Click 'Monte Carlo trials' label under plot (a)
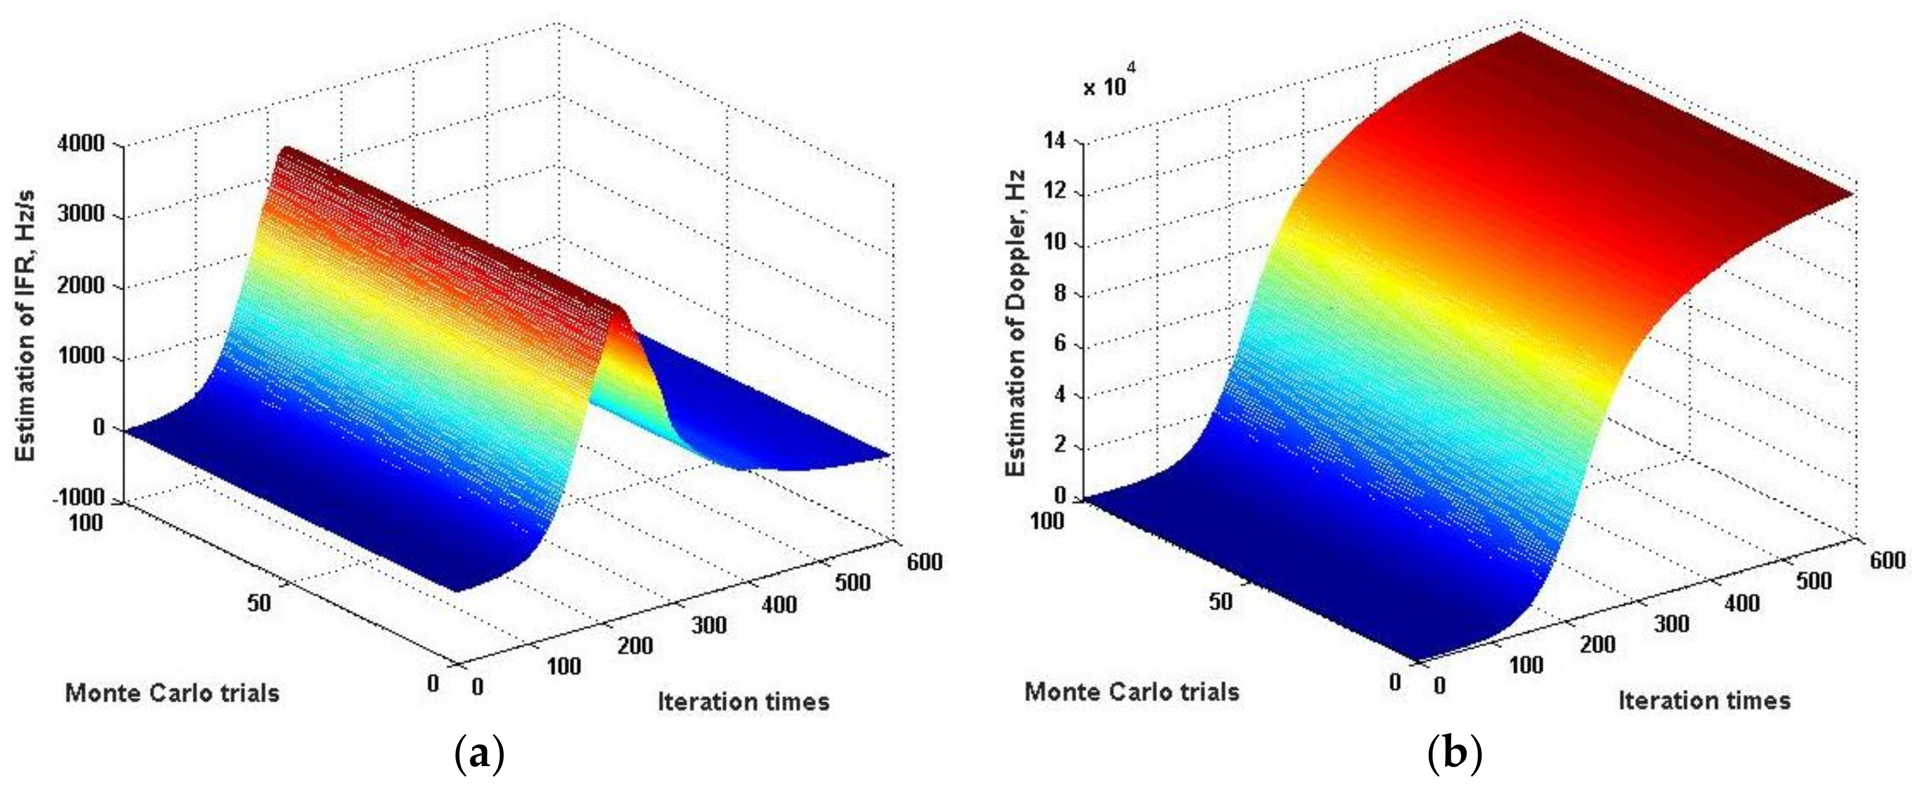point(172,693)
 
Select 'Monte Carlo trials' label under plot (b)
point(1131,692)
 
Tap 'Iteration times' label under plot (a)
point(743,701)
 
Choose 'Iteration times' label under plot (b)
point(1704,700)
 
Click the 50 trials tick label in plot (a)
point(259,603)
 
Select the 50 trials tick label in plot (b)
point(1220,601)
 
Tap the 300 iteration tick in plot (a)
point(707,624)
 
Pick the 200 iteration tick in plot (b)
point(1597,644)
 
